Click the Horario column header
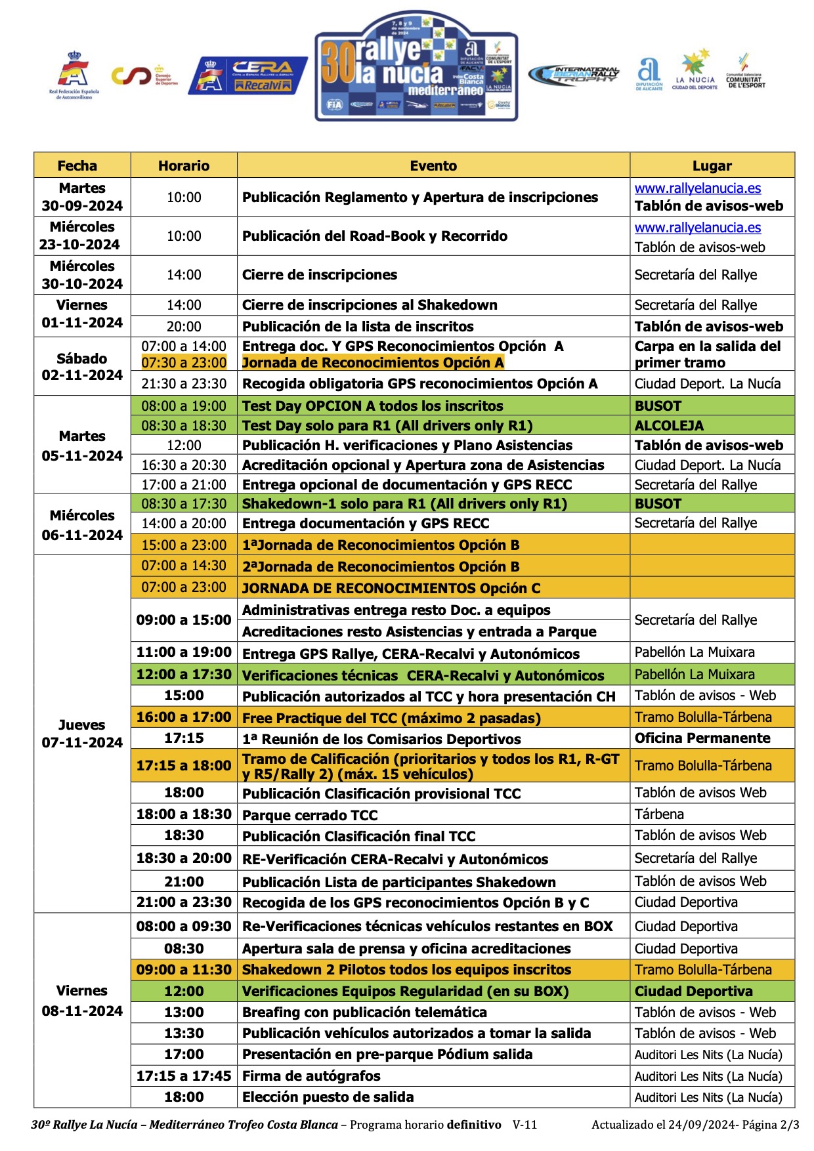click(184, 165)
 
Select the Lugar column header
click(712, 165)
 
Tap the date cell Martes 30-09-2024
click(82, 197)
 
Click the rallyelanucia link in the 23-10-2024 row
click(698, 228)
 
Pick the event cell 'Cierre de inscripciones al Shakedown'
click(370, 305)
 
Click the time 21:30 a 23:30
click(184, 384)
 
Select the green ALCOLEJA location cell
click(712, 425)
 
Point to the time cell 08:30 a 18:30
click(184, 425)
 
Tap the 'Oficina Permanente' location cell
click(702, 738)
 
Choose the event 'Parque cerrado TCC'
click(310, 815)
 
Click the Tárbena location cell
click(659, 814)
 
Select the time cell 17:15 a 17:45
click(184, 1076)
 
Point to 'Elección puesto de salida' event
click(328, 1097)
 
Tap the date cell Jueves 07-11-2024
click(82, 734)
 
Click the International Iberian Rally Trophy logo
click(574, 75)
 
